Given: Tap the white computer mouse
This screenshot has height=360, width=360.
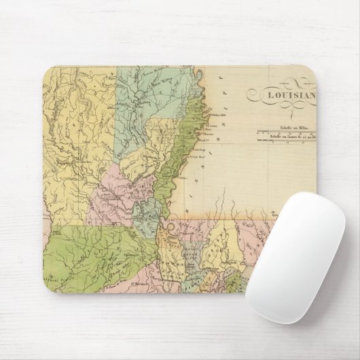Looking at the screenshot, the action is pyautogui.click(x=295, y=256).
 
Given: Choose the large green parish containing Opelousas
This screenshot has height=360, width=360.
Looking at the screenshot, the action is pyautogui.click(x=88, y=251).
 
